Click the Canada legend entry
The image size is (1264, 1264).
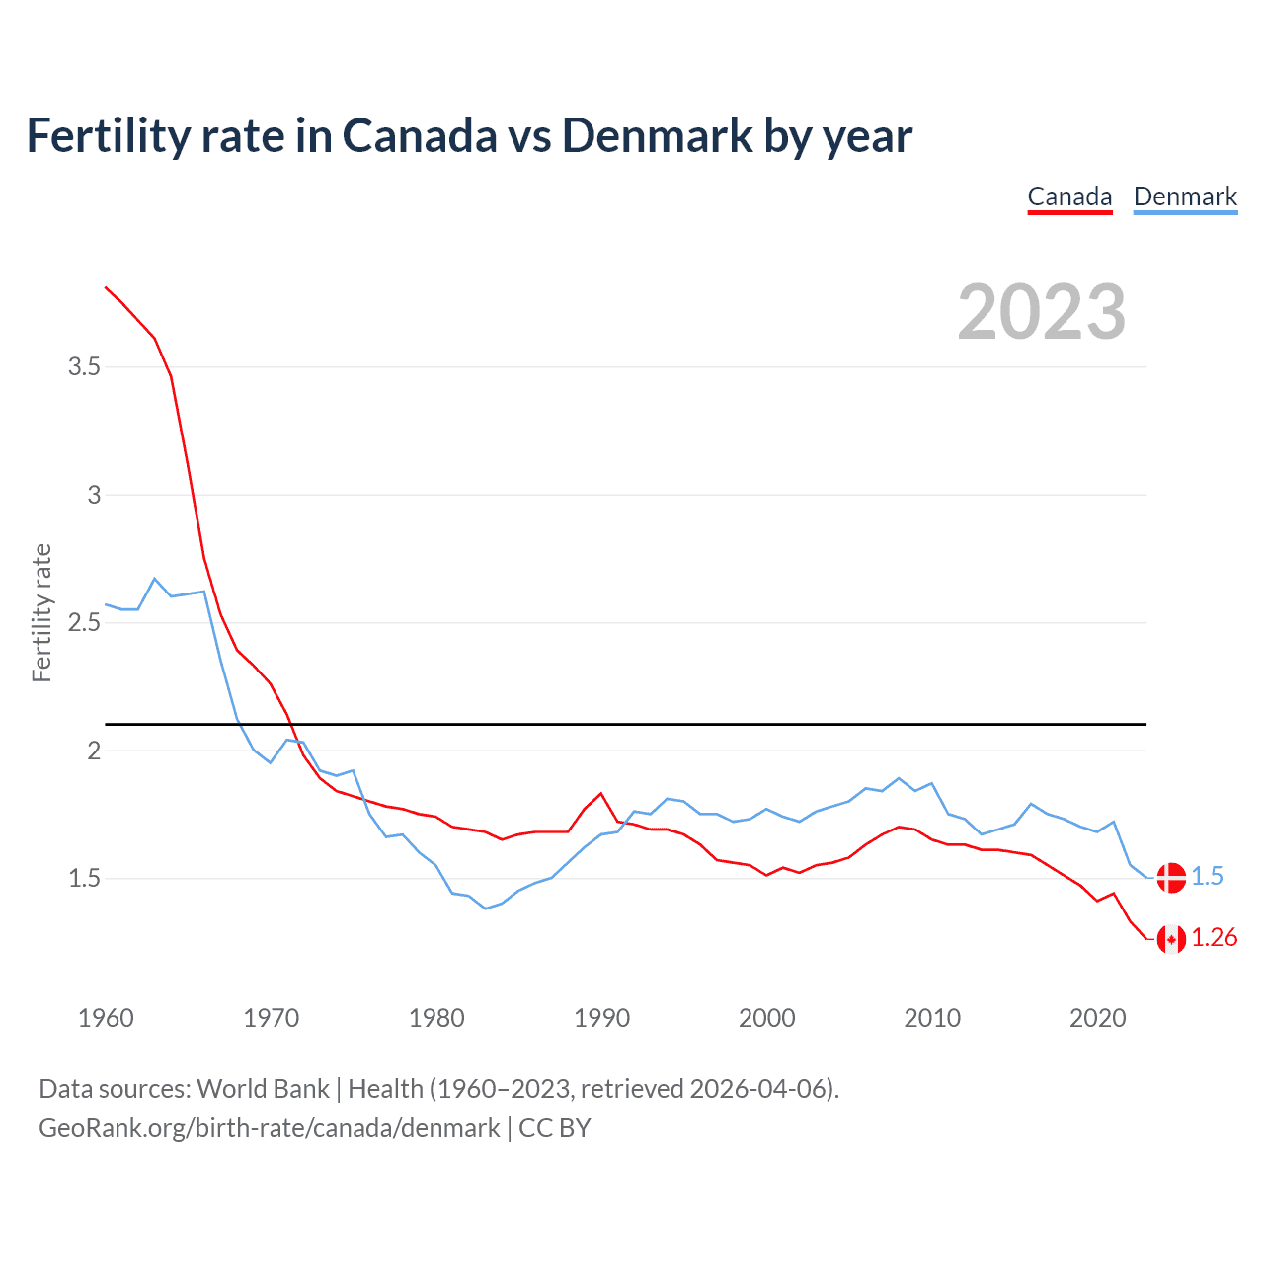1069,197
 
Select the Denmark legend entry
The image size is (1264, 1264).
1185,197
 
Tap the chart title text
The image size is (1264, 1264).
469,135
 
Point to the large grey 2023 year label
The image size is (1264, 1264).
1042,312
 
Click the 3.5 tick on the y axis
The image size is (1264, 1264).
84,367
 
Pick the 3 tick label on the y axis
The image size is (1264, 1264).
94,495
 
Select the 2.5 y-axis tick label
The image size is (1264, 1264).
84,623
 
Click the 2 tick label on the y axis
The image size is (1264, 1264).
94,750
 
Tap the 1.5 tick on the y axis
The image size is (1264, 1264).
84,878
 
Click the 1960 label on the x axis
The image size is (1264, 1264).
106,1018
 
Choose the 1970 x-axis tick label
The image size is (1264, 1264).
271,1018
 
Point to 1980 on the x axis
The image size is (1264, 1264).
436,1018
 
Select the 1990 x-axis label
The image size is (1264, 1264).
601,1018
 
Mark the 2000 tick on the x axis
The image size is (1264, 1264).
766,1018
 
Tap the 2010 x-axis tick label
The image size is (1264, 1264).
932,1018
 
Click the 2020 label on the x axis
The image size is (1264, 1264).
1097,1018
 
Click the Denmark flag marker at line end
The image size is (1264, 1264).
1171,877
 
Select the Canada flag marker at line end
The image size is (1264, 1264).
1171,938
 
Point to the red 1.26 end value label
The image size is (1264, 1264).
1214,938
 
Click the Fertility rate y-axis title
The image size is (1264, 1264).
41,612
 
